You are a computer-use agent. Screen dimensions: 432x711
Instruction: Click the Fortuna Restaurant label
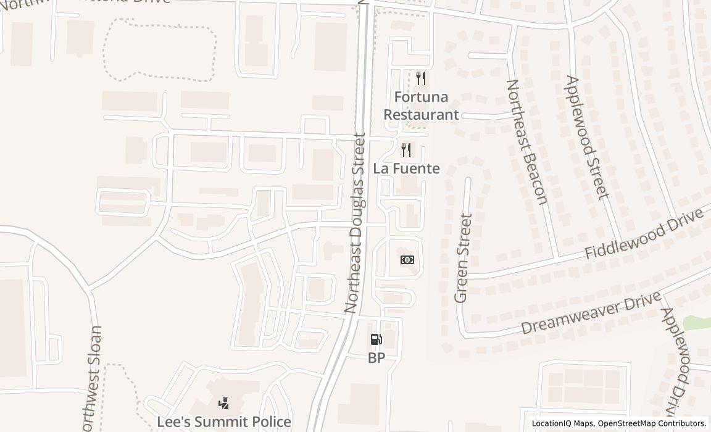(x=422, y=106)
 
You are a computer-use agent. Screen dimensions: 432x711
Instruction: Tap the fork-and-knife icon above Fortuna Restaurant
(x=421, y=78)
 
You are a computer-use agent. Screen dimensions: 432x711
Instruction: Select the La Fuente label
(x=407, y=168)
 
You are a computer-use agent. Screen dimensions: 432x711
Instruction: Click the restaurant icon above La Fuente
(x=406, y=149)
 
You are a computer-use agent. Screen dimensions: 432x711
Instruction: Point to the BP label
(x=376, y=358)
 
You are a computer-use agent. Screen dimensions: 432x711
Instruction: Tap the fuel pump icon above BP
(x=376, y=339)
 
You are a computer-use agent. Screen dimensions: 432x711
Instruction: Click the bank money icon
(x=407, y=260)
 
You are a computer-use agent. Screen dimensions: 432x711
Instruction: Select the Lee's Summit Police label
(x=224, y=422)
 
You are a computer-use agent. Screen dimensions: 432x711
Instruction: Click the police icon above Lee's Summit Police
(x=224, y=404)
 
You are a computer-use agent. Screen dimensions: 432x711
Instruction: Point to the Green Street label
(x=462, y=258)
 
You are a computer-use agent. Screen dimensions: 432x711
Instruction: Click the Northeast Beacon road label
(x=526, y=141)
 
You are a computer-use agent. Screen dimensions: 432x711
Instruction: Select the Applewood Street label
(x=587, y=138)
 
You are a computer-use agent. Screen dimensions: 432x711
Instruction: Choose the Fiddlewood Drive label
(x=644, y=234)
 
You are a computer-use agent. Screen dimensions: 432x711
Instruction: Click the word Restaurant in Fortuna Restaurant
(x=422, y=114)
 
